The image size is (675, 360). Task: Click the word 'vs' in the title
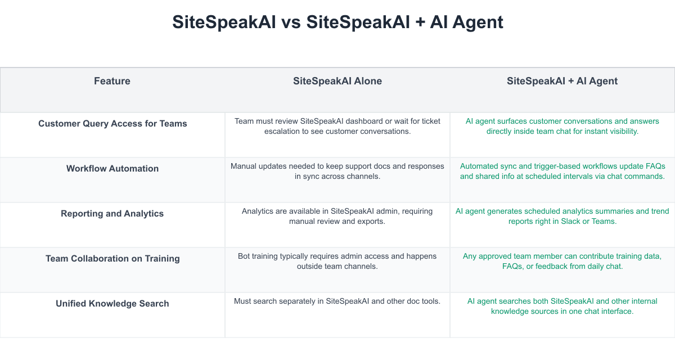(x=291, y=22)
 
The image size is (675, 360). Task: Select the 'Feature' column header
(x=112, y=81)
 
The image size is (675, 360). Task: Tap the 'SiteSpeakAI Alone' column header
(x=337, y=81)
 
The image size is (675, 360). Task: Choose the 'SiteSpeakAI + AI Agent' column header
(x=562, y=81)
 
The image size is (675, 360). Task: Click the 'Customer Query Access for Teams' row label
(x=112, y=124)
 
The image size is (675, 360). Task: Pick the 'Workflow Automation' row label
(x=112, y=168)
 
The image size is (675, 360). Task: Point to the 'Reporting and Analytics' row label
(x=112, y=213)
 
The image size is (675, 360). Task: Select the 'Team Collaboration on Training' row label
(x=112, y=259)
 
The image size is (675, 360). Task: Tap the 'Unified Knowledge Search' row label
(x=112, y=303)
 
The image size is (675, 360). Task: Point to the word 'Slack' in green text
(x=570, y=222)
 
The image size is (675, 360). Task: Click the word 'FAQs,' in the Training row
(x=513, y=267)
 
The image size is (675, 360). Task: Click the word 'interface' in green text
(x=617, y=312)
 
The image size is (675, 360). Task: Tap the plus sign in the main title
(x=420, y=23)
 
